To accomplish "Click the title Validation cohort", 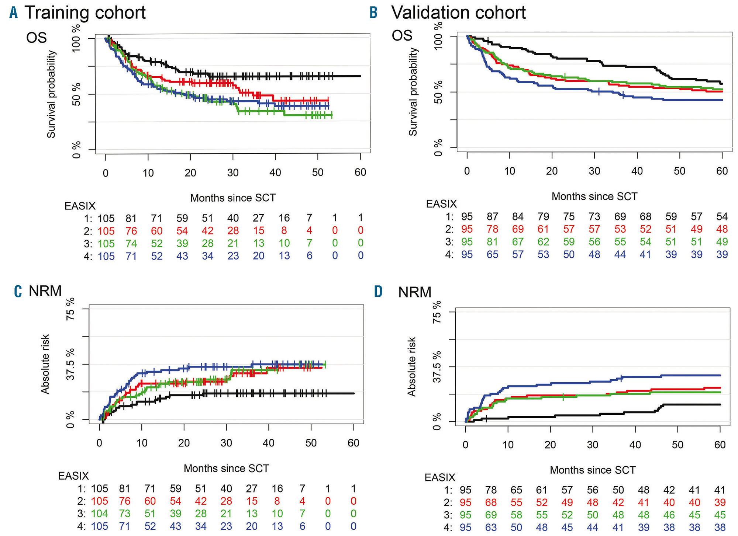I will pyautogui.click(x=458, y=13).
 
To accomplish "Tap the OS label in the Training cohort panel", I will pyautogui.click(x=37, y=38).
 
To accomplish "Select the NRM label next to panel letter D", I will pyautogui.click(x=415, y=292).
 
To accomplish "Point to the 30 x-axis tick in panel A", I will pyautogui.click(x=233, y=173).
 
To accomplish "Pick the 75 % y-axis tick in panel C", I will pyautogui.click(x=70, y=309).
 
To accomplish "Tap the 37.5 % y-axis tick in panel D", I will pyautogui.click(x=437, y=367).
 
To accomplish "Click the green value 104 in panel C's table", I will pyautogui.click(x=99, y=514).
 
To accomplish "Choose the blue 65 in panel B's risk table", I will pyautogui.click(x=492, y=254).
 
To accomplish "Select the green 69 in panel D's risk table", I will pyautogui.click(x=491, y=515).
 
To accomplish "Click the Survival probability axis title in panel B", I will pyautogui.click(x=413, y=92).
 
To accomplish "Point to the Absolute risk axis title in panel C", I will pyautogui.click(x=45, y=364).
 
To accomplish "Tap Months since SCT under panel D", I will pyautogui.click(x=593, y=470).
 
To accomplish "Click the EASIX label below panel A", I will pyautogui.click(x=80, y=206).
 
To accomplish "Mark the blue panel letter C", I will pyautogui.click(x=18, y=291).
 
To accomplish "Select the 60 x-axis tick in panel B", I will pyautogui.click(x=722, y=171).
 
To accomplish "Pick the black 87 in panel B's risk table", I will pyautogui.click(x=492, y=216).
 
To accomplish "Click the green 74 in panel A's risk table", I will pyautogui.click(x=131, y=243).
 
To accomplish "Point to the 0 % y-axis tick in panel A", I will pyautogui.click(x=76, y=150).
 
